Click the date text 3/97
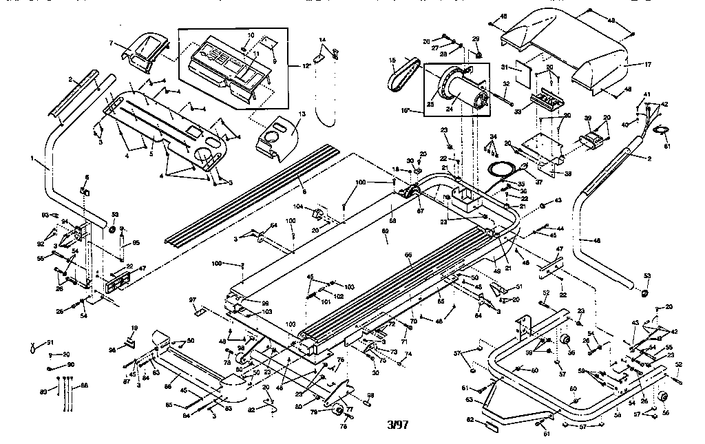tap(398, 424)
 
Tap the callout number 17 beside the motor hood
tap(646, 65)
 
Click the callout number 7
tap(111, 43)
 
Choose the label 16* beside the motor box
tap(406, 109)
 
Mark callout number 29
tap(475, 38)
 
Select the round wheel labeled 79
tap(337, 410)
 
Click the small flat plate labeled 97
tap(199, 312)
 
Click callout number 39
tap(588, 118)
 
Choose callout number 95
tap(136, 242)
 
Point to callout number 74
tap(409, 354)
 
